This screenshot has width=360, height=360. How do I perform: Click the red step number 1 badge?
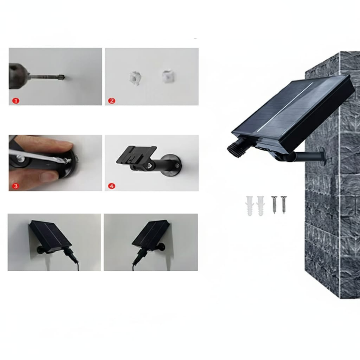[16, 100]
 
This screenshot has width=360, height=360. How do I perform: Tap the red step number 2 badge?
[112, 100]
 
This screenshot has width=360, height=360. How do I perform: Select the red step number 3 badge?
[15, 186]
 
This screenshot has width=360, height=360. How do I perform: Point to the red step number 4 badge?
[112, 186]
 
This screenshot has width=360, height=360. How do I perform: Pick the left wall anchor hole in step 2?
[135, 78]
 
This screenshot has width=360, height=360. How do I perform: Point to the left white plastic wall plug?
[249, 206]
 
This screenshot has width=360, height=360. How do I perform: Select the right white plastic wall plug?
[261, 206]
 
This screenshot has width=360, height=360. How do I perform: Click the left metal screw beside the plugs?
[274, 204]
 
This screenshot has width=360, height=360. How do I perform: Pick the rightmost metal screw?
[284, 204]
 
